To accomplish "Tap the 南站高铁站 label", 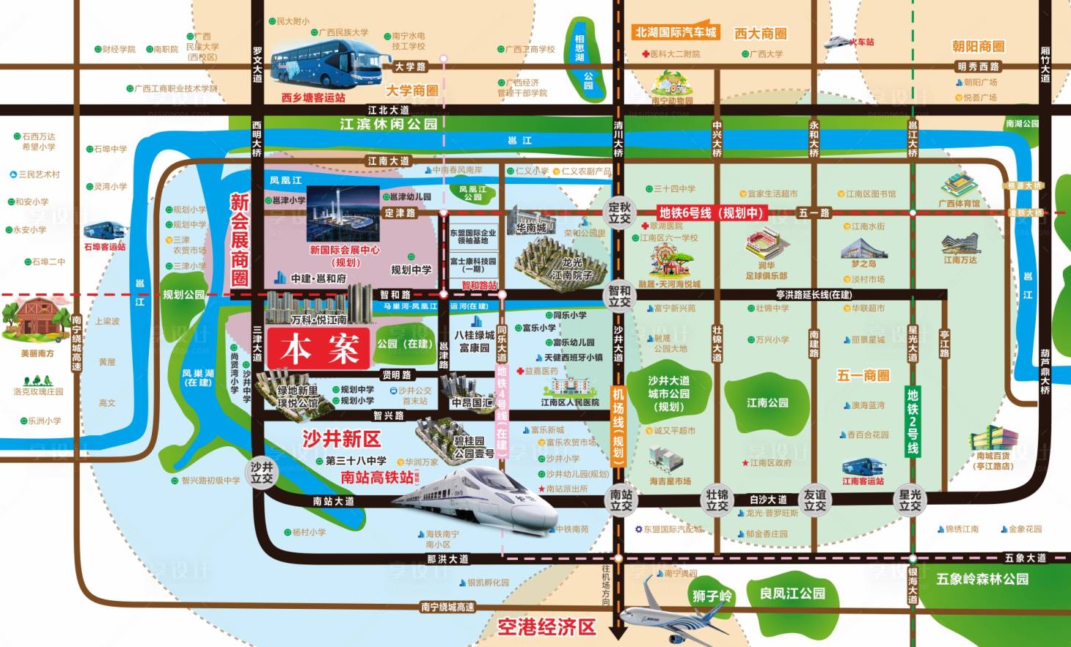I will (x=377, y=477).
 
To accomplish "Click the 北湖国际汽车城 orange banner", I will (x=675, y=32).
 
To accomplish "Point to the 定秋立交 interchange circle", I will (x=620, y=212).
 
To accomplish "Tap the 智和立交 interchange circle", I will (x=620, y=296).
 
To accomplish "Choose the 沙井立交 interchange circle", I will (x=262, y=473).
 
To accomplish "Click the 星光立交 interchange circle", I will (x=910, y=500).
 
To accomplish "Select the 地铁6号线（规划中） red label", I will (x=711, y=213).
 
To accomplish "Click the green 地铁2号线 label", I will (x=913, y=421).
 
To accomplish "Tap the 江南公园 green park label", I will (x=767, y=402).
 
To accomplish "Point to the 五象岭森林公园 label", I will (x=982, y=579).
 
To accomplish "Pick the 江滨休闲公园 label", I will (x=388, y=124).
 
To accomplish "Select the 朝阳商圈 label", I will (x=978, y=46).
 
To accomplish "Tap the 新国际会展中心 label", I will (x=345, y=250).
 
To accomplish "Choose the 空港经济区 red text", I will (x=547, y=626).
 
